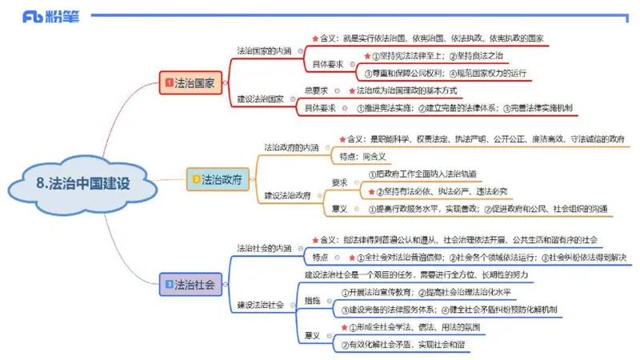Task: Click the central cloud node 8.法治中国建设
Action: pos(82,183)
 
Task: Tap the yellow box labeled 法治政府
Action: pos(216,179)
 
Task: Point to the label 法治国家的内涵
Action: pos(264,50)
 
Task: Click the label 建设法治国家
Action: pos(260,99)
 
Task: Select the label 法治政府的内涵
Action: pos(291,147)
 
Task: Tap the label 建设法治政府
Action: pos(287,195)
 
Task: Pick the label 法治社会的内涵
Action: pos(264,248)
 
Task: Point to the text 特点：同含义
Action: pos(362,156)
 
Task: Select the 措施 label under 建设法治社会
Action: pos(312,300)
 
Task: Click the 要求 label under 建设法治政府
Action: pos(339,182)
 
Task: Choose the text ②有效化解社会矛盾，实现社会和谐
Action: pos(403,346)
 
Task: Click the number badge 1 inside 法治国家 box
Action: pos(169,82)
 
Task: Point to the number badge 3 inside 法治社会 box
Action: pos(169,284)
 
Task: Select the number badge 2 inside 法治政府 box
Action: pos(196,179)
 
